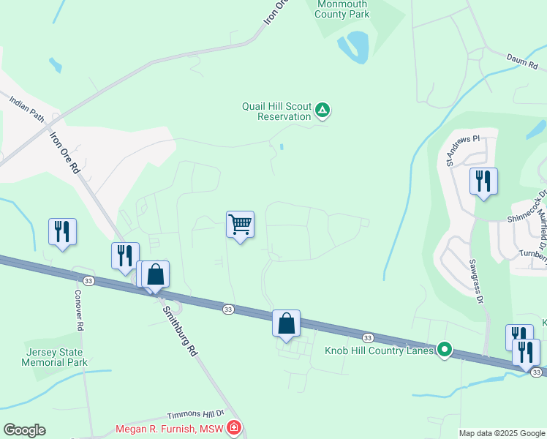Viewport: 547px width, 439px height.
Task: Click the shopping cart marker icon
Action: [240, 225]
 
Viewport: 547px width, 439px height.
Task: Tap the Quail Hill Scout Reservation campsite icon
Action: [323, 111]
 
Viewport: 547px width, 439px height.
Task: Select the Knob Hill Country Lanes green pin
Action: [442, 350]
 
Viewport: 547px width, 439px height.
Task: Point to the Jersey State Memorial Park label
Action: [56, 357]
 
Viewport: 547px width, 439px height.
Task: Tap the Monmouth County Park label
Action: [343, 10]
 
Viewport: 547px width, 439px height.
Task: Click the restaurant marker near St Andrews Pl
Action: [483, 181]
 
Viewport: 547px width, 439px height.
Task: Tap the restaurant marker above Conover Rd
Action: [62, 232]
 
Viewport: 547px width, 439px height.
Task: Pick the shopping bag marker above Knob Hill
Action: [287, 323]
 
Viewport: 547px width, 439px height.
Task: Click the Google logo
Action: [24, 430]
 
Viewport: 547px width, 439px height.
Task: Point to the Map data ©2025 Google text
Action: [502, 433]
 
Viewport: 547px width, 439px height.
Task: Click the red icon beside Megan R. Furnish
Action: [234, 427]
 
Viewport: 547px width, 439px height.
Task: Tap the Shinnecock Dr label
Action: [528, 209]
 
